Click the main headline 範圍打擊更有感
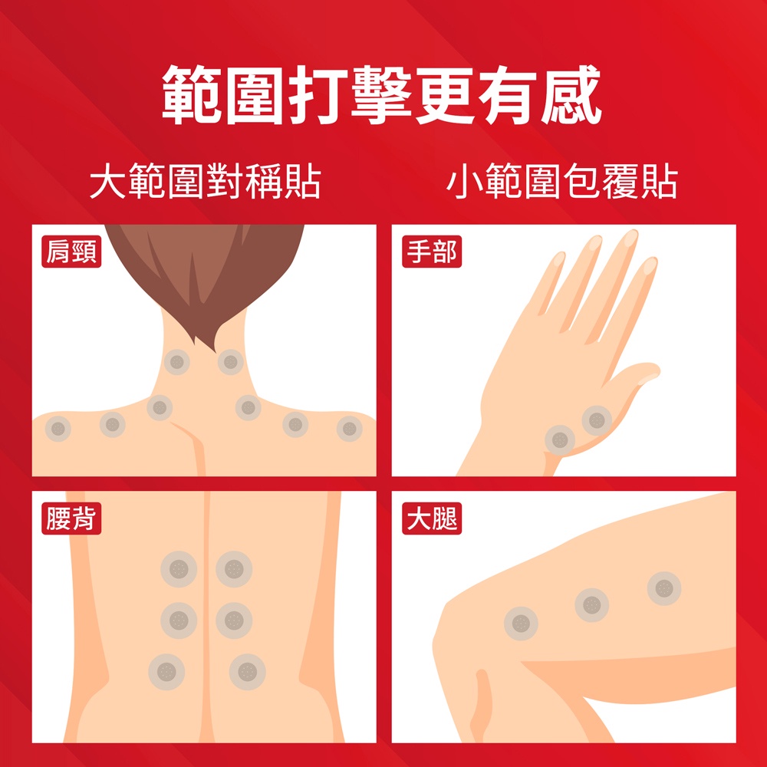[x=381, y=94]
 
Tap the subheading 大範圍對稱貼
[x=206, y=182]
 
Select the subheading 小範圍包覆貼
[x=562, y=182]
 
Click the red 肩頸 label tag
[x=71, y=252]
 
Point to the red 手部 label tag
[x=432, y=252]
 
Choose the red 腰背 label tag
[x=71, y=518]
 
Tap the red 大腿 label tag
[x=432, y=518]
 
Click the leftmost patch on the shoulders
[x=58, y=429]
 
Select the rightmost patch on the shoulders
[x=349, y=429]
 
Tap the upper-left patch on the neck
[x=176, y=363]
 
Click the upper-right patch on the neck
[x=230, y=363]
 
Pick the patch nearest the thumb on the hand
[x=597, y=420]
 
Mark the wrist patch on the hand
[x=560, y=439]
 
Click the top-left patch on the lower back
[x=179, y=569]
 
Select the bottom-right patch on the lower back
[x=248, y=672]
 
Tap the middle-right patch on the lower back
[x=234, y=621]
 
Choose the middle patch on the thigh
[x=592, y=605]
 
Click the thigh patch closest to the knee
[x=521, y=624]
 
